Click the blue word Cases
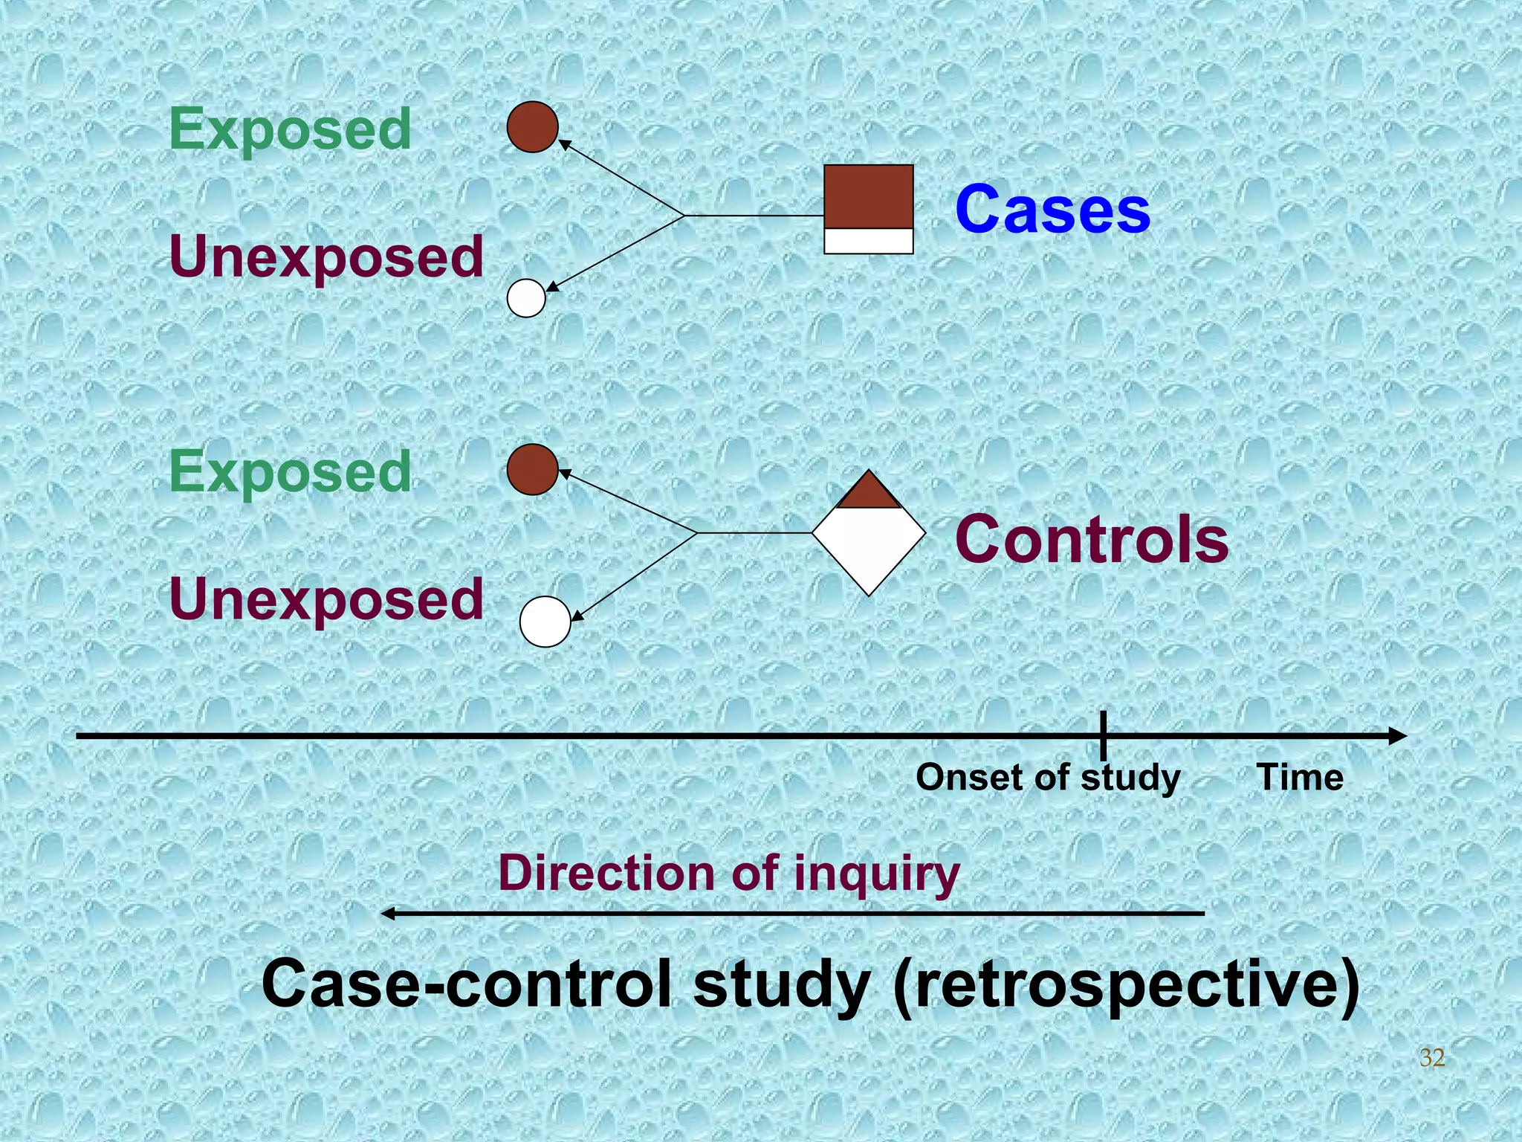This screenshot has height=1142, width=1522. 1052,210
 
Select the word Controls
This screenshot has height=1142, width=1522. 1091,540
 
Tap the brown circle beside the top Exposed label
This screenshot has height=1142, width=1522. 533,127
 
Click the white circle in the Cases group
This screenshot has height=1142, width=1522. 526,298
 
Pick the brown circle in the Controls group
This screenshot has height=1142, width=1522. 533,470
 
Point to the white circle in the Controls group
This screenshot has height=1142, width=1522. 545,622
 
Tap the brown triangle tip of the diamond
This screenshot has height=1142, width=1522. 868,492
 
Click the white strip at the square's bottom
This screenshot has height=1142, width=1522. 868,241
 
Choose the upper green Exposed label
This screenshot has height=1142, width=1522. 290,129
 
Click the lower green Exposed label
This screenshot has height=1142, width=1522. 290,471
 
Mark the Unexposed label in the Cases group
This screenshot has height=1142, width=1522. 326,257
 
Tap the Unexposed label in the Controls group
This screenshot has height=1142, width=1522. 326,599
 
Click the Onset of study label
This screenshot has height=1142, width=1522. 1047,778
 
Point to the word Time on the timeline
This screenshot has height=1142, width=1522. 1300,778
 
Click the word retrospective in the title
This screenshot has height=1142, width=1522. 1125,984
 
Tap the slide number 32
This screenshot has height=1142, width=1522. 1432,1057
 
